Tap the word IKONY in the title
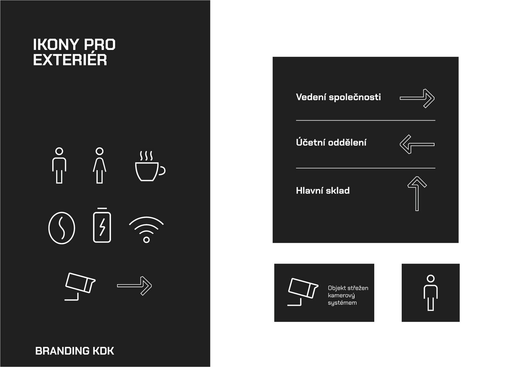56,44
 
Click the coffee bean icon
62,228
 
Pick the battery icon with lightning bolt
102,225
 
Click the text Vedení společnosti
338,97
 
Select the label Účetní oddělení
331,142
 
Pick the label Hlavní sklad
323,191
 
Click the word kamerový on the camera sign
341,296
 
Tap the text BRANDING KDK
74,351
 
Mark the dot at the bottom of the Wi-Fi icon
146,240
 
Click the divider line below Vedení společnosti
366,120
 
